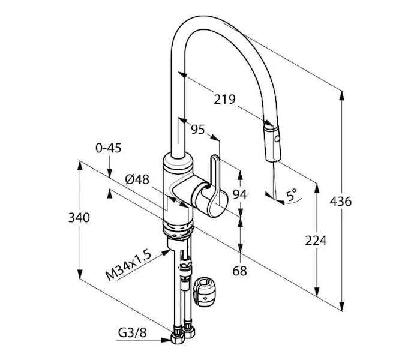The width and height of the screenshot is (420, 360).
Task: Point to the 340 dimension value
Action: click(79, 217)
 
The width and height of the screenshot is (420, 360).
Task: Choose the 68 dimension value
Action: click(239, 271)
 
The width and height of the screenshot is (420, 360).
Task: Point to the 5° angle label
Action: click(292, 194)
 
